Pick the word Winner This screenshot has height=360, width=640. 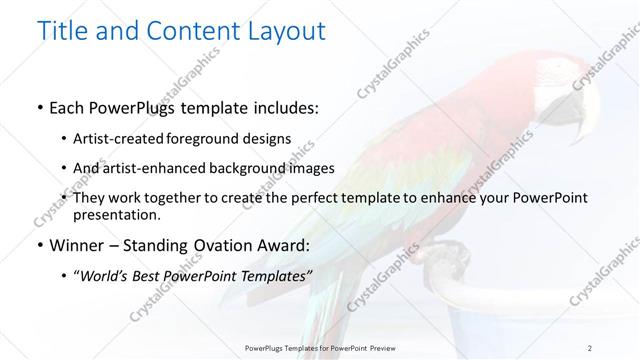(x=79, y=245)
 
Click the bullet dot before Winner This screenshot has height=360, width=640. (x=38, y=246)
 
